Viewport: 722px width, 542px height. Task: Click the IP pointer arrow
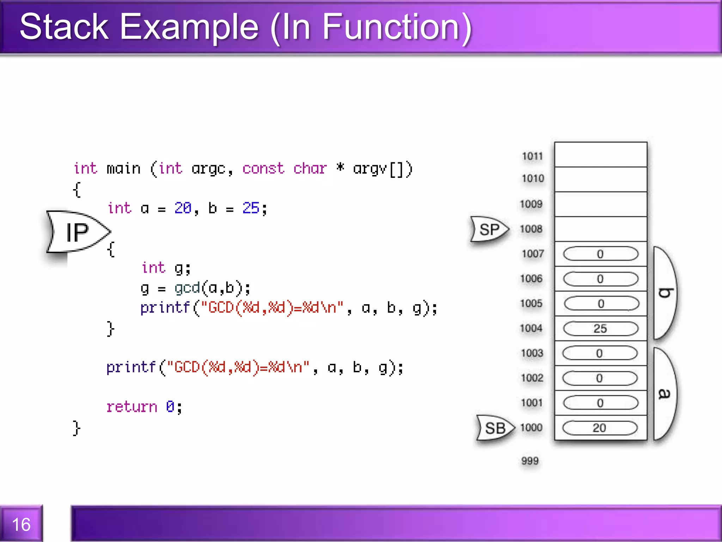pos(78,232)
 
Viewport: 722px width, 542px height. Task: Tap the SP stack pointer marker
pos(489,229)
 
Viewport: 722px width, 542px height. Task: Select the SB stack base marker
pos(495,428)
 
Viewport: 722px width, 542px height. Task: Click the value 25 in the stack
pos(600,329)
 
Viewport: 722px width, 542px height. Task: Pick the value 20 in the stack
pos(599,428)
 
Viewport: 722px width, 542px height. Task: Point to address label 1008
pos(531,229)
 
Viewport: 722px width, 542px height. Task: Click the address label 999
pos(530,460)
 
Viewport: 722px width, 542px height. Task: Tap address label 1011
pos(532,156)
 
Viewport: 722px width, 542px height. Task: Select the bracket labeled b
pos(665,293)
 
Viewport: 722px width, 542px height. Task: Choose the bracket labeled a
pos(665,393)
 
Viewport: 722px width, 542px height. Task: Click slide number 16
pos(21,524)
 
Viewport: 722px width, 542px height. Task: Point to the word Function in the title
pos(391,27)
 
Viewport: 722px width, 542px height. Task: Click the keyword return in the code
pos(131,407)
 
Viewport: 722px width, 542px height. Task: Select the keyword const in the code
pos(263,168)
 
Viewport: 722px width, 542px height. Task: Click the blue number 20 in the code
pos(183,208)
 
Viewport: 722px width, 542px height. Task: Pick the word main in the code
pos(123,168)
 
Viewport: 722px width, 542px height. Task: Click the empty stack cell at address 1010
pos(600,179)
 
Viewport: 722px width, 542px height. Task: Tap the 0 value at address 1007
pos(600,254)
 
